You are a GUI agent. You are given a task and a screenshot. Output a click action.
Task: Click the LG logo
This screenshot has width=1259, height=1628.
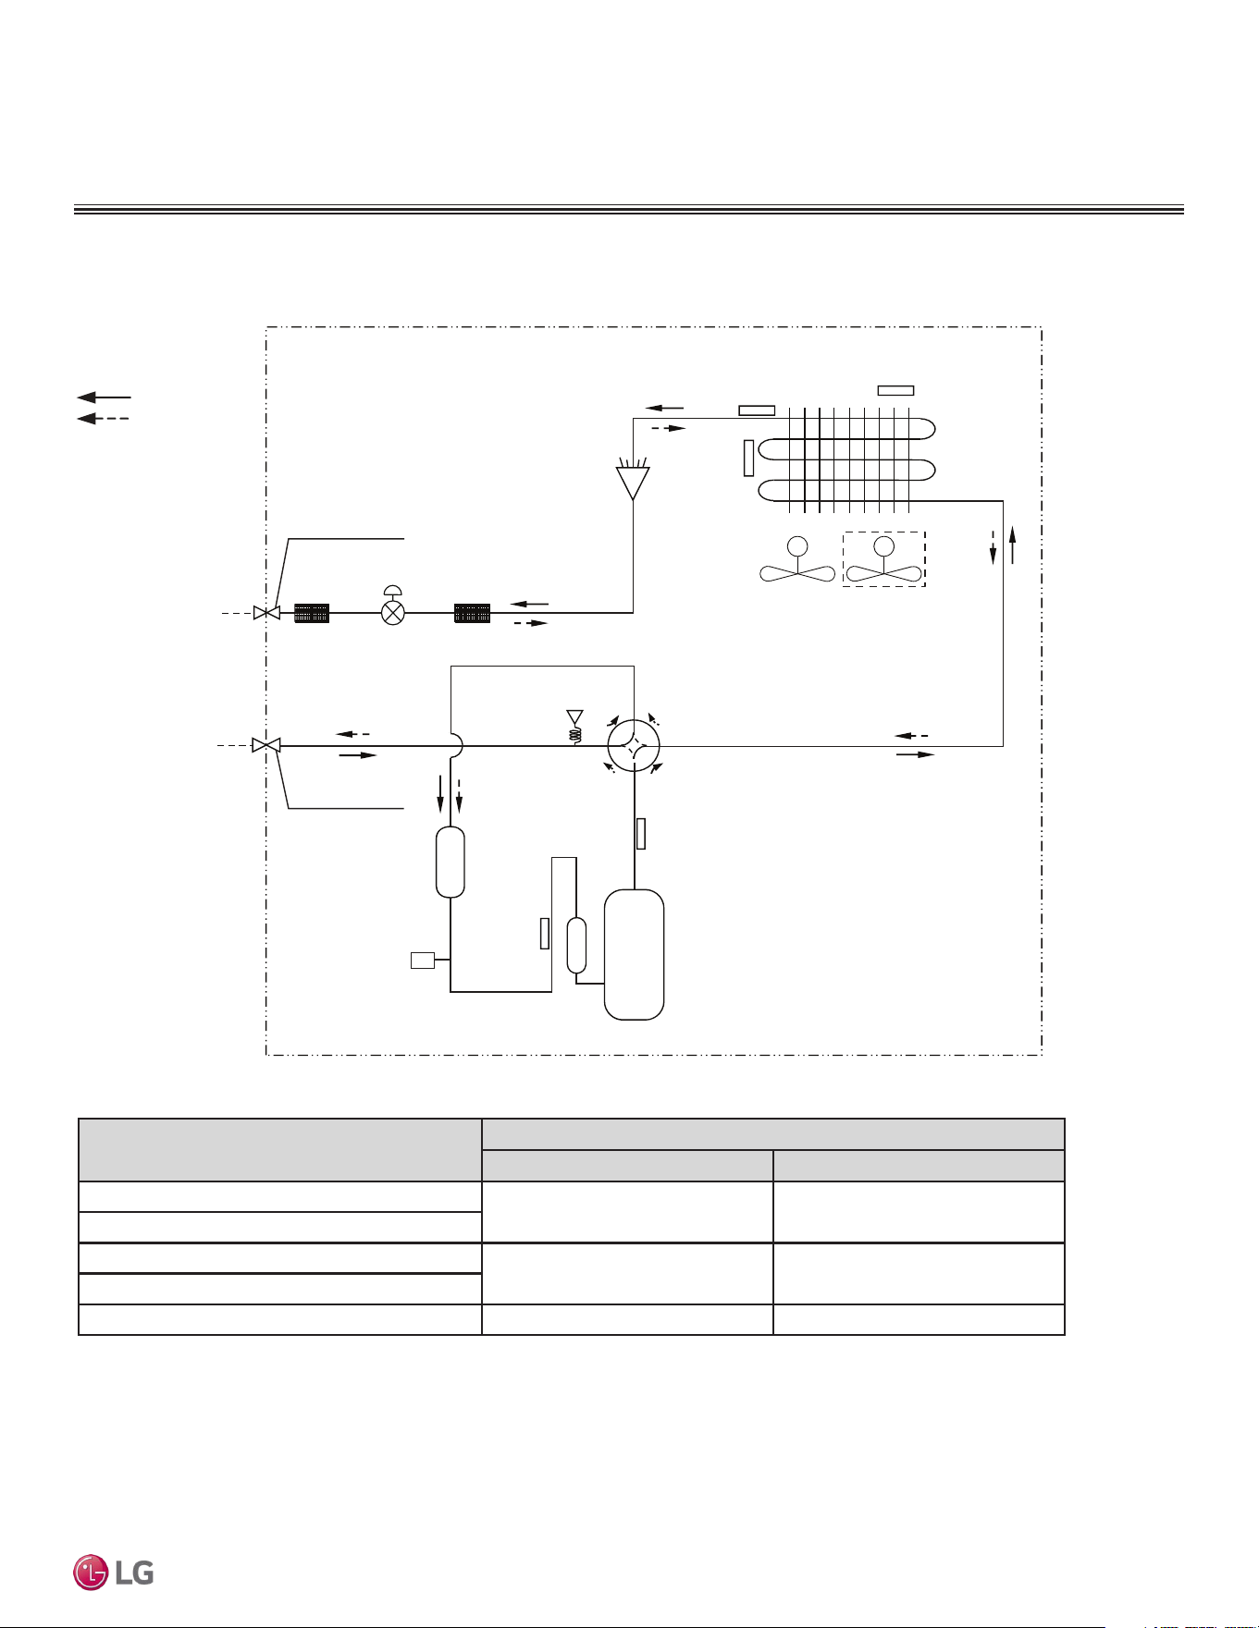pos(114,1573)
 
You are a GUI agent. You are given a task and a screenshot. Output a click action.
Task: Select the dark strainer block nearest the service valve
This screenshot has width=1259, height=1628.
pos(312,613)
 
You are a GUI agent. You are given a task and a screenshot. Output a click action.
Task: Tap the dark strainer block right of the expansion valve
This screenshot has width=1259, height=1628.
pos(472,613)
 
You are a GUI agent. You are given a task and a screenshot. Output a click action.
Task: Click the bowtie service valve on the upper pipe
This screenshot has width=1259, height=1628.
pos(266,613)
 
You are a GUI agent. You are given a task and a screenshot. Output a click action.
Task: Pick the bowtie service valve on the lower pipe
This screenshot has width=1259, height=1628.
pos(266,745)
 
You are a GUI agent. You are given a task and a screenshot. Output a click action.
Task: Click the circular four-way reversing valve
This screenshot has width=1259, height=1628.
pos(634,745)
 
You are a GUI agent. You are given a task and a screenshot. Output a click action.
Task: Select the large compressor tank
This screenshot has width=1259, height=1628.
pos(634,954)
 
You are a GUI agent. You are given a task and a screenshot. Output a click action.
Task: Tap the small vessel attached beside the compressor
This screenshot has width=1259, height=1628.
pos(576,946)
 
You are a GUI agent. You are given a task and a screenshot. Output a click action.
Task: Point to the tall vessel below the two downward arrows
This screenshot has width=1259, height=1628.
pos(450,862)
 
